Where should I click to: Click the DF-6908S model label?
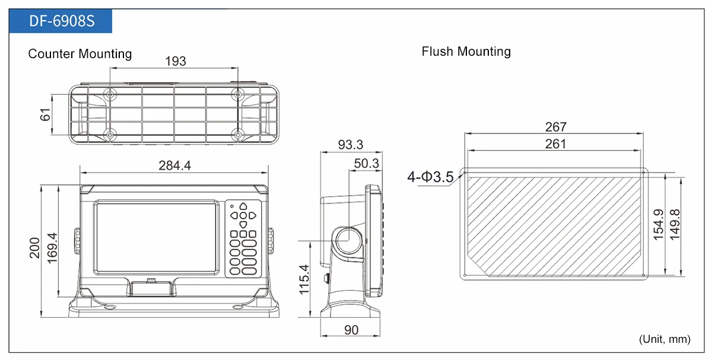click(62, 21)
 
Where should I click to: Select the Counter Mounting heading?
click(80, 54)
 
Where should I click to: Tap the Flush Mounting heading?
click(466, 52)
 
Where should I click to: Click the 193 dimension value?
click(176, 61)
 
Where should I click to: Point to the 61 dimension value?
click(45, 114)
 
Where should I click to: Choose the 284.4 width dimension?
click(175, 165)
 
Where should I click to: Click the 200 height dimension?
click(34, 248)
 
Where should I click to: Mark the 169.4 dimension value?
click(52, 248)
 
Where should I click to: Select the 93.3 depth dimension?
click(350, 145)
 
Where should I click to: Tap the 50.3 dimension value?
click(367, 164)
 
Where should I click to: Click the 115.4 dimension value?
click(304, 279)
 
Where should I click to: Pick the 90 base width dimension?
click(351, 330)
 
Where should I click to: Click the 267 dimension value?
click(555, 127)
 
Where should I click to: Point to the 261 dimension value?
click(555, 144)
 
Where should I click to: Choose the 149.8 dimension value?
click(675, 225)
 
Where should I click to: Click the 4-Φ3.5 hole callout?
click(430, 177)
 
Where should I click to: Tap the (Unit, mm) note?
click(665, 339)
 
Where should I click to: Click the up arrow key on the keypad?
click(243, 206)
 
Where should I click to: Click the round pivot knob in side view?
click(349, 241)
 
